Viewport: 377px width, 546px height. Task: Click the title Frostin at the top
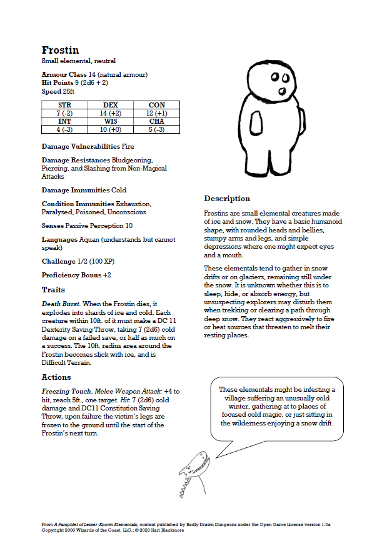click(x=60, y=50)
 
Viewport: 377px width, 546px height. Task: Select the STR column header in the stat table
click(x=64, y=105)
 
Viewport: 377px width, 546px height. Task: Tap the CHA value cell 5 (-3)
click(x=156, y=129)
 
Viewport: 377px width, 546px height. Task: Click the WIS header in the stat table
click(x=111, y=121)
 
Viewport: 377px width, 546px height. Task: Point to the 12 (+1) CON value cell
click(x=156, y=113)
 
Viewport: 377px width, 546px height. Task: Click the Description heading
click(x=227, y=199)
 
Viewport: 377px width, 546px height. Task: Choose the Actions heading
click(x=56, y=377)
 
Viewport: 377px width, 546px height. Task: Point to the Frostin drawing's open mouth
click(x=281, y=91)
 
